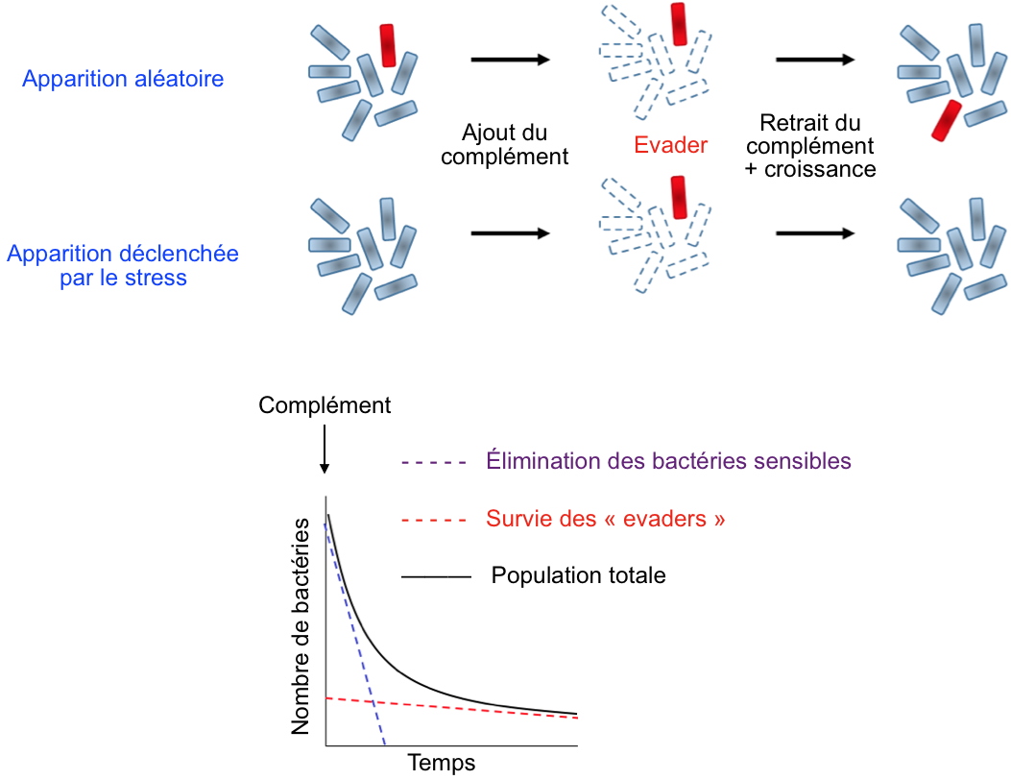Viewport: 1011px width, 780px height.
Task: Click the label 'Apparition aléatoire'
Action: click(x=123, y=79)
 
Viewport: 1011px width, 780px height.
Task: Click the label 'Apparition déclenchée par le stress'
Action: click(x=123, y=266)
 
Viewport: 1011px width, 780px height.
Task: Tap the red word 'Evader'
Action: click(x=670, y=146)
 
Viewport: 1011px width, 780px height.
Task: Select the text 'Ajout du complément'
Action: click(x=504, y=144)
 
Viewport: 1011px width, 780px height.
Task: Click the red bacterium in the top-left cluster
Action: click(x=388, y=45)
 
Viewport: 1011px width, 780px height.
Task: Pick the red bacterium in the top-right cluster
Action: click(x=947, y=119)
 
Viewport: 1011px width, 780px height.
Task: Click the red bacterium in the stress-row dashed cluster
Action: click(x=678, y=196)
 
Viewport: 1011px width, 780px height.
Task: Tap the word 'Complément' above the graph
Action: click(x=325, y=405)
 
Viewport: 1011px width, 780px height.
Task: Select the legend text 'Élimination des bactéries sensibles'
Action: click(x=668, y=461)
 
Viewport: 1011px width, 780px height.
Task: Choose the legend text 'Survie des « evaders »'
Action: click(x=605, y=520)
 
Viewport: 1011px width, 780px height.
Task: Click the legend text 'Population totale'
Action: click(x=578, y=576)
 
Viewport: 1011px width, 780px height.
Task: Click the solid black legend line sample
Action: click(x=435, y=577)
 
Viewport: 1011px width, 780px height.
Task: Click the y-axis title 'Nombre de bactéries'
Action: click(x=301, y=626)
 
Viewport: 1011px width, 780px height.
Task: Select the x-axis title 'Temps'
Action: click(x=442, y=764)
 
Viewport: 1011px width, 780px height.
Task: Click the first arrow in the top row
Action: click(x=510, y=60)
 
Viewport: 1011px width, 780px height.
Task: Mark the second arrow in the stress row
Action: click(x=814, y=232)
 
